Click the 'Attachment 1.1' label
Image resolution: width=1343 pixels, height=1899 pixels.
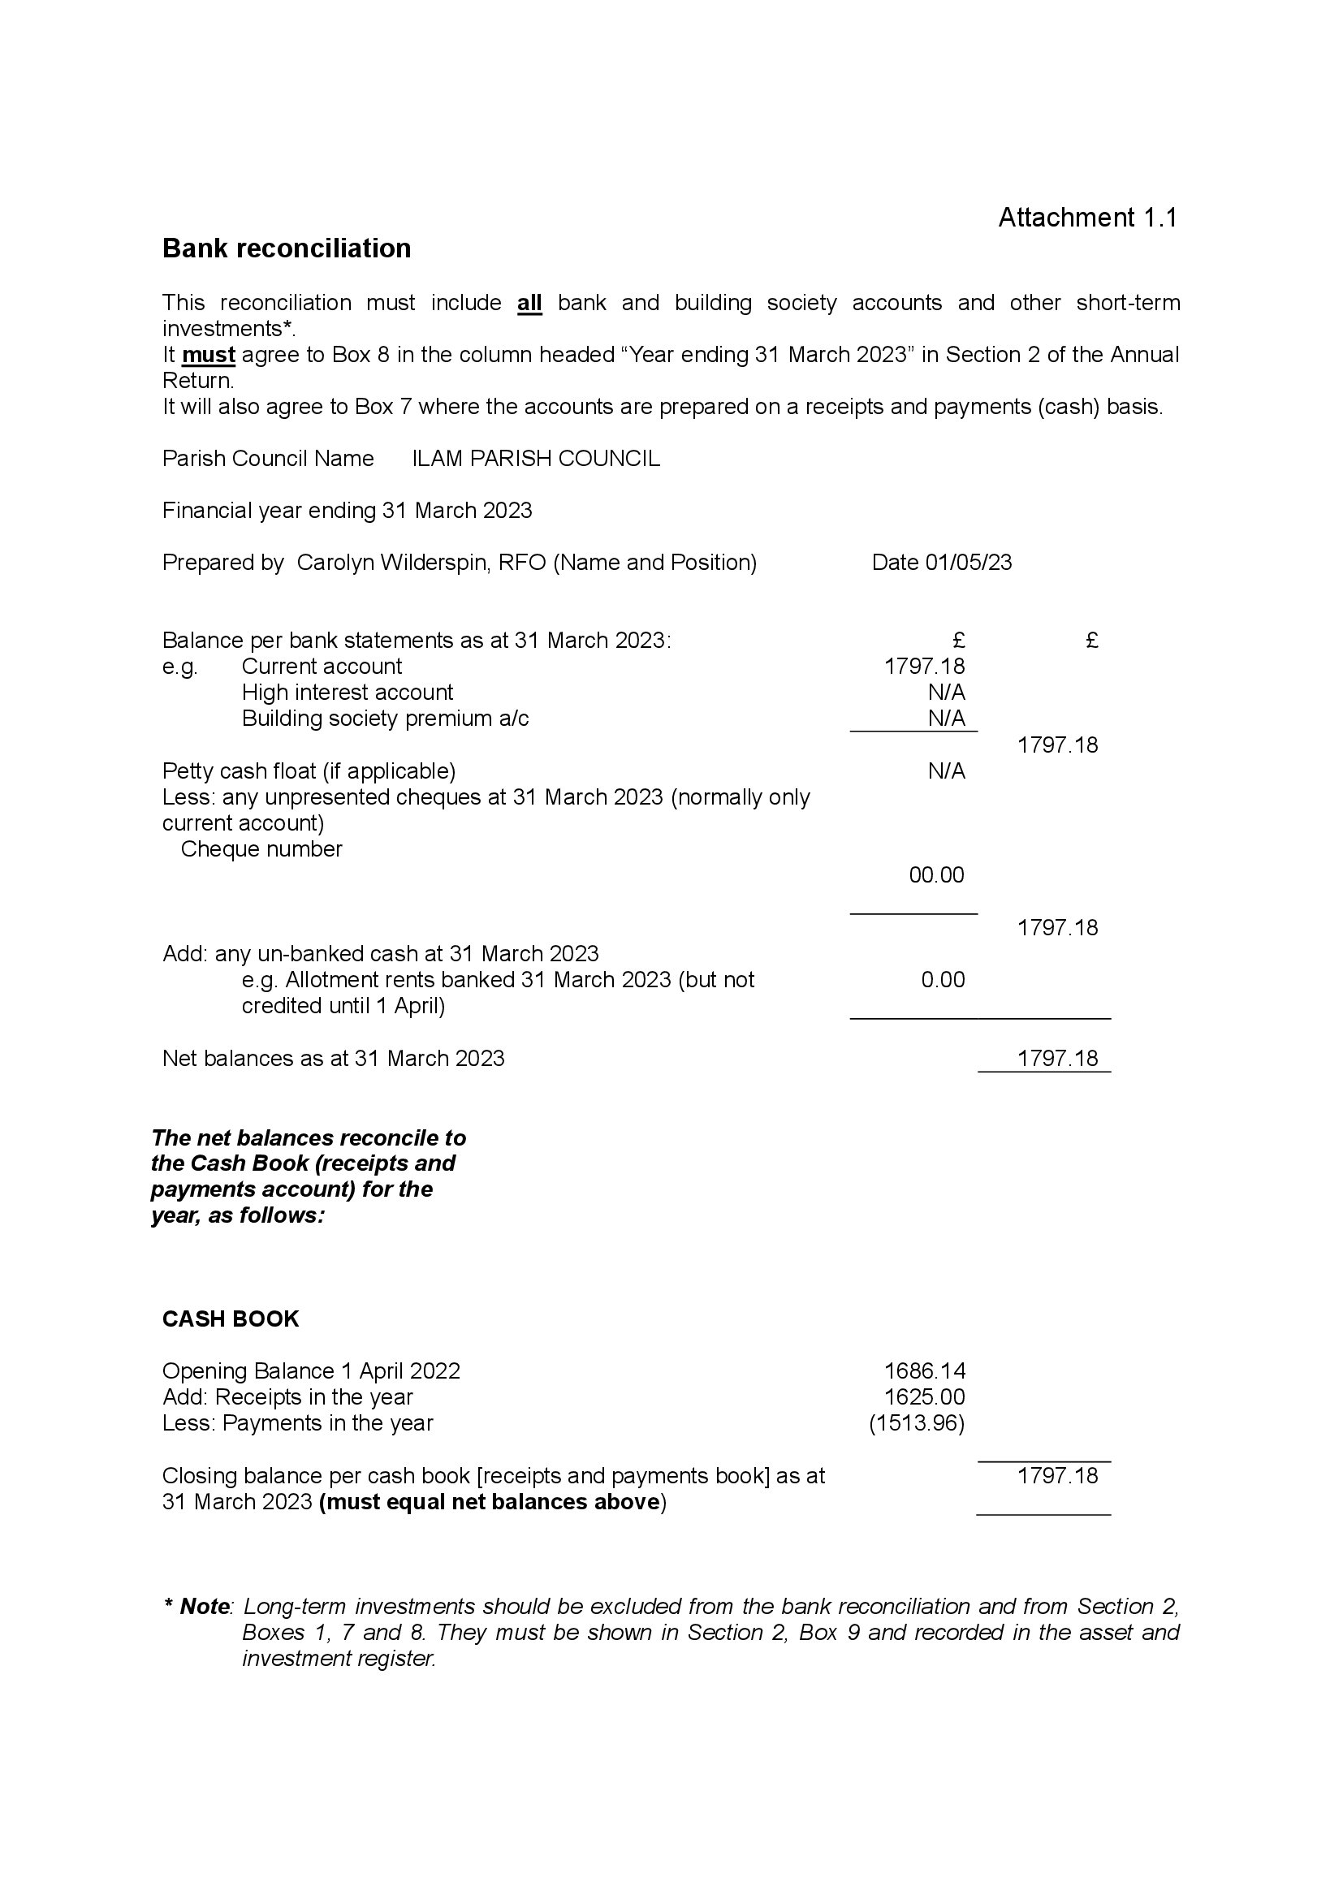pyautogui.click(x=1086, y=218)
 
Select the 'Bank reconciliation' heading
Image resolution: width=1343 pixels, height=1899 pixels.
pyautogui.click(x=286, y=248)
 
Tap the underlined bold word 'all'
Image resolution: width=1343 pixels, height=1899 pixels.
pyautogui.click(x=529, y=303)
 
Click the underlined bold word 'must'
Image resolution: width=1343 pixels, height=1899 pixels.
pyautogui.click(x=209, y=355)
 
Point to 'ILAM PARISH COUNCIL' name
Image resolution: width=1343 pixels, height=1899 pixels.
pyautogui.click(x=536, y=458)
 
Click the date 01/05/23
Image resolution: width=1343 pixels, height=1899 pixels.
pyautogui.click(x=969, y=563)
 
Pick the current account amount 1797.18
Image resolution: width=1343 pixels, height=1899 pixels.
pyautogui.click(x=925, y=667)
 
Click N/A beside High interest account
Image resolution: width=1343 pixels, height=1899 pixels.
pyautogui.click(x=946, y=693)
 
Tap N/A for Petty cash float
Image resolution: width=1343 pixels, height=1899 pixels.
pyautogui.click(x=946, y=770)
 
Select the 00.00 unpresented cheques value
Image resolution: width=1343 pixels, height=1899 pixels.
pyautogui.click(x=936, y=875)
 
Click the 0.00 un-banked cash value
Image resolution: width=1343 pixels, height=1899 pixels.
pyautogui.click(x=943, y=979)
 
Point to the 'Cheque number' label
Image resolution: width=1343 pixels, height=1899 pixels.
pyautogui.click(x=261, y=849)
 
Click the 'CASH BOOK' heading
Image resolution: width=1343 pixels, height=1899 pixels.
pyautogui.click(x=230, y=1319)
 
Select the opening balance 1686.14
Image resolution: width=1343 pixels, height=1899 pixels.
pyautogui.click(x=925, y=1370)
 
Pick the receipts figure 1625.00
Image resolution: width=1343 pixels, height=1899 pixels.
pyautogui.click(x=925, y=1397)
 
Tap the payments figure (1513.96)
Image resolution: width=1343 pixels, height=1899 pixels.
pyautogui.click(x=916, y=1422)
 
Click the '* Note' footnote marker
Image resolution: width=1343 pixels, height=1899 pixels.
pyautogui.click(x=198, y=1606)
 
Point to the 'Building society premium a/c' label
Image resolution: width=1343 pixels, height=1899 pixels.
pyautogui.click(x=385, y=719)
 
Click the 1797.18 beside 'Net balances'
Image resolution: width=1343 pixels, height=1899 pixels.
pyautogui.click(x=1057, y=1059)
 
